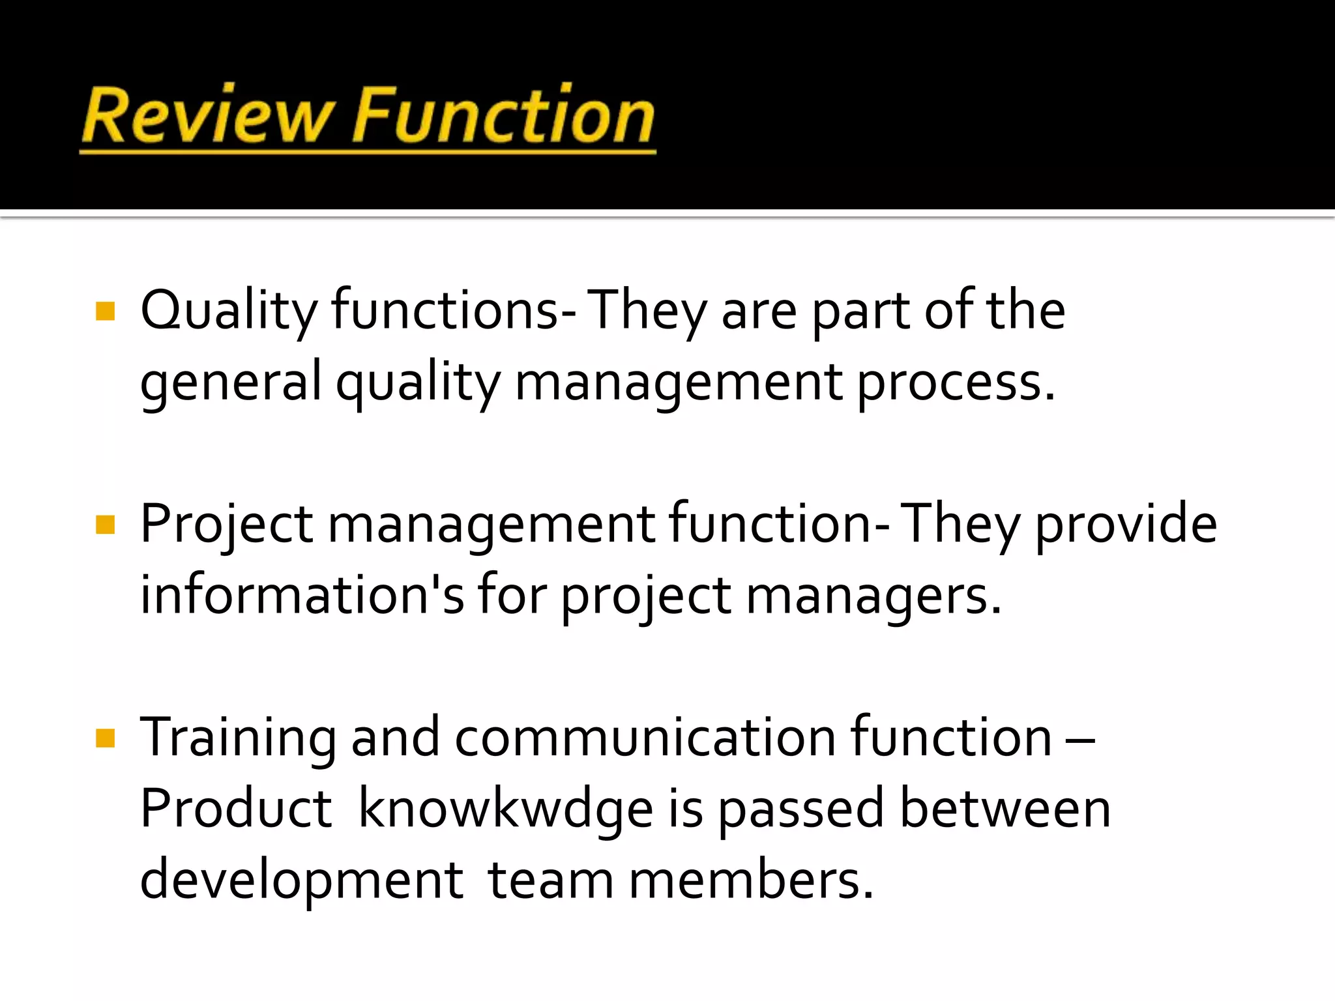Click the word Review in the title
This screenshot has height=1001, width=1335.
click(205, 116)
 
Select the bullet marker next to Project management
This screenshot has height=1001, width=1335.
click(105, 525)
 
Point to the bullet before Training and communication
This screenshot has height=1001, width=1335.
click(105, 738)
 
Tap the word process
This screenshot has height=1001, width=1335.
click(955, 383)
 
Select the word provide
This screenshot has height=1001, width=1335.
click(1126, 525)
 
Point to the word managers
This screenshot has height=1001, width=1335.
click(873, 596)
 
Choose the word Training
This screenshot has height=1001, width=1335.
click(239, 738)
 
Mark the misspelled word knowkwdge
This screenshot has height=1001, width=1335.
click(506, 810)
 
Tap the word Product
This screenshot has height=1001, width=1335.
click(236, 809)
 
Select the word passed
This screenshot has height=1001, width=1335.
click(801, 810)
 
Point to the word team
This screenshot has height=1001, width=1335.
click(551, 880)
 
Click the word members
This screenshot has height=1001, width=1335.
click(750, 880)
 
